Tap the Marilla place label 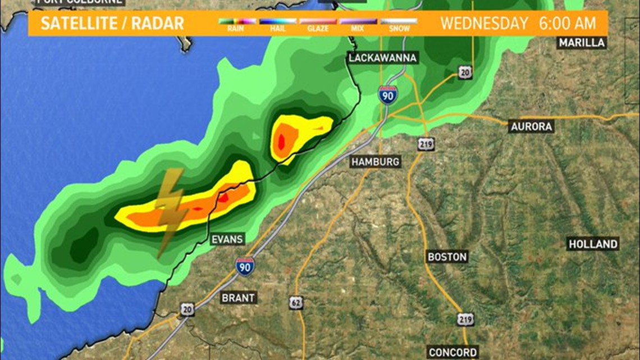582,43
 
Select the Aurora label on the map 531,126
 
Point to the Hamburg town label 376,162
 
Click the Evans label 227,239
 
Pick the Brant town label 238,298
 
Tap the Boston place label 447,257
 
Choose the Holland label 593,244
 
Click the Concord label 452,352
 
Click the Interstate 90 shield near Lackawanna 387,94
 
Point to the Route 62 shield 297,302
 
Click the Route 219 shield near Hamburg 425,144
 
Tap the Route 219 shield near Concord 465,319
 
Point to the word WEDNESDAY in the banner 484,24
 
